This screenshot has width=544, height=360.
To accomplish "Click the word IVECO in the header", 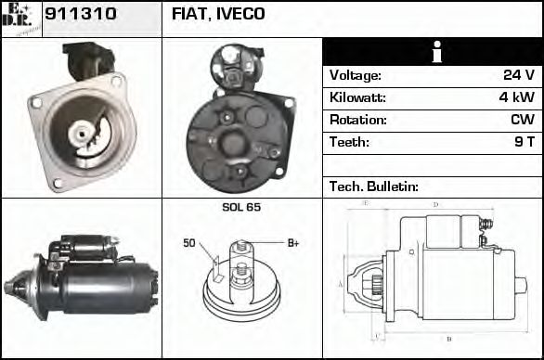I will (x=241, y=14).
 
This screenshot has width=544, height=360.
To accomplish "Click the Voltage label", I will (x=356, y=75).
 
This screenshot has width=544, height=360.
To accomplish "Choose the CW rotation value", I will (x=522, y=120).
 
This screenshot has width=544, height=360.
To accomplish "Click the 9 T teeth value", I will (x=524, y=142).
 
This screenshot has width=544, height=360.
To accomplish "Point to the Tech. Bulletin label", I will (x=371, y=186).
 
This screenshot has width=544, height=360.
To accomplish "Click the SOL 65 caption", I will (x=241, y=207).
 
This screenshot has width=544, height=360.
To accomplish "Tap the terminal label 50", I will (x=189, y=243).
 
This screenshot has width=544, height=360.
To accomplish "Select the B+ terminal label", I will (x=293, y=243).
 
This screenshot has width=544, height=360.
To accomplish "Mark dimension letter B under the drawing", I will (x=448, y=339).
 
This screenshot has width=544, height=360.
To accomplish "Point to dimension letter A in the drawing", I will (x=341, y=282).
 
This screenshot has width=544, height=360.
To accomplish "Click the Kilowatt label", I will (x=358, y=97).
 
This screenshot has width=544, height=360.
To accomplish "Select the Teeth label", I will (x=349, y=142).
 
